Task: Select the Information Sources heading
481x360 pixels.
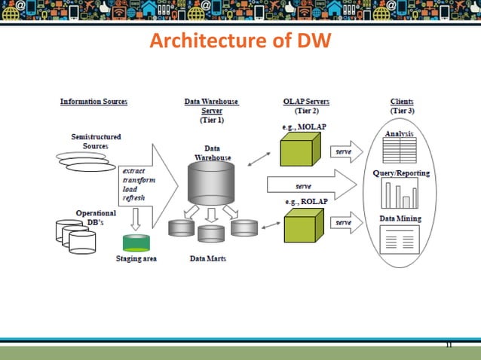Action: [x=93, y=102]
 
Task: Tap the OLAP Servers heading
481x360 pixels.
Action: [x=305, y=102]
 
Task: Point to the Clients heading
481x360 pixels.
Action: [x=402, y=102]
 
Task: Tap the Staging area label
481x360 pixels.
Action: [x=136, y=259]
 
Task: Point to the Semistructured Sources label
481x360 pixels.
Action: [x=97, y=141]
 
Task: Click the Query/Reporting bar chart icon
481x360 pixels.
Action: [x=400, y=194]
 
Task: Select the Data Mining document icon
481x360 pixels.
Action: [x=400, y=240]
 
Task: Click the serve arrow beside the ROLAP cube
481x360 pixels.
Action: [x=345, y=223]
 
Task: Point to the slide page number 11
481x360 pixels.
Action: [x=449, y=346]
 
